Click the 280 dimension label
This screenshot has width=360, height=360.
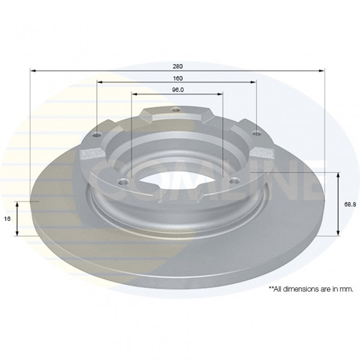[x=178, y=66]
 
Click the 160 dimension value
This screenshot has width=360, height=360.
[x=178, y=78]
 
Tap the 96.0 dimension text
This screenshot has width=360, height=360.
[x=178, y=90]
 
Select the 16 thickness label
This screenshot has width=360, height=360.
[x=7, y=219]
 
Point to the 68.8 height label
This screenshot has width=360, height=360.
[x=350, y=204]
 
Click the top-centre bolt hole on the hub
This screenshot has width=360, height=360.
[x=176, y=110]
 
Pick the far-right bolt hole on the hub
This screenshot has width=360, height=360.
[x=256, y=133]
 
